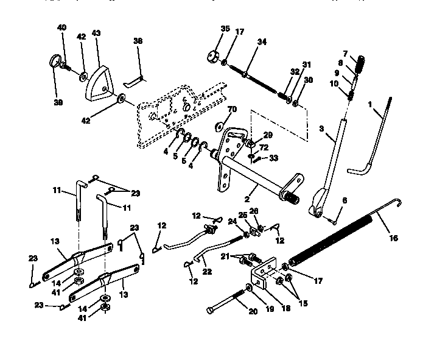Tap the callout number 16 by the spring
click(x=393, y=238)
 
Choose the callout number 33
click(x=273, y=158)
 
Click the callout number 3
click(x=322, y=130)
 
